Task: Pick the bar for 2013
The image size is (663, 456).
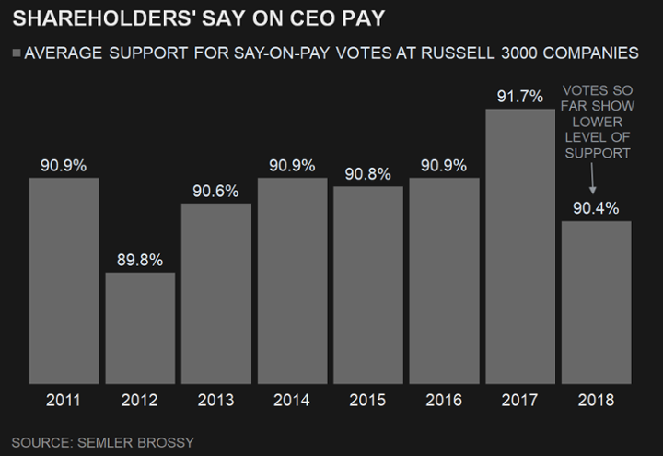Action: [x=216, y=293]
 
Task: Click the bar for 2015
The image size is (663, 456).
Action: [x=368, y=285]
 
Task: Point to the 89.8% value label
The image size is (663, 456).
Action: [x=140, y=260]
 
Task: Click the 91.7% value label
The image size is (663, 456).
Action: [x=520, y=96]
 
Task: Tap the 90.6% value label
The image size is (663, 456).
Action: [x=216, y=191]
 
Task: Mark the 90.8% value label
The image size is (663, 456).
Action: [x=368, y=174]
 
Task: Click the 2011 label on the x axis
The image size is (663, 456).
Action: [x=64, y=401]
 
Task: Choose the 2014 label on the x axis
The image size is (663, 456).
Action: [x=292, y=401]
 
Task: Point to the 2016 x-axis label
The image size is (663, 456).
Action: [x=444, y=401]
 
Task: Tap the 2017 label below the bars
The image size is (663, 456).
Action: [x=520, y=401]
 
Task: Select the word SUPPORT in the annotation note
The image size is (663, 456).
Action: [x=596, y=152]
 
